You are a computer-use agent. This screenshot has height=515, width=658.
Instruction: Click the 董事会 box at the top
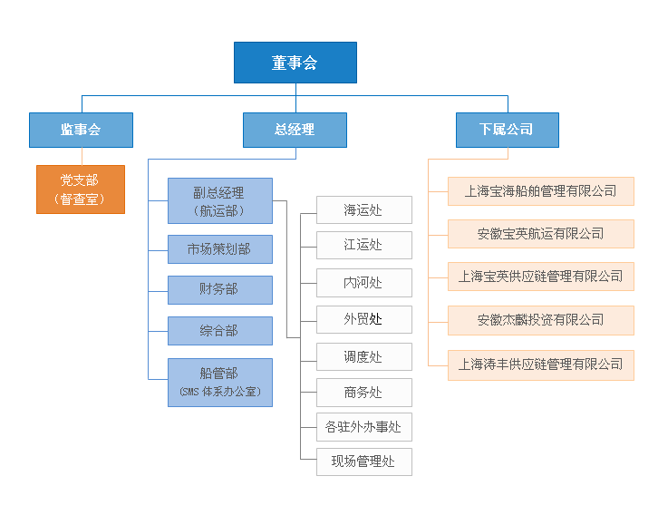point(295,63)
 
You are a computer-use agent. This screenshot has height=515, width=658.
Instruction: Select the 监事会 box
point(81,130)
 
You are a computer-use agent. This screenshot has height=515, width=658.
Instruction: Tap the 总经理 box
point(295,130)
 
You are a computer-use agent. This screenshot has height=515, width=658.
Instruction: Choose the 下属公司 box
point(507,130)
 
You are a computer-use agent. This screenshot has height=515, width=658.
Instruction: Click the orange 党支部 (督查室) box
point(81,189)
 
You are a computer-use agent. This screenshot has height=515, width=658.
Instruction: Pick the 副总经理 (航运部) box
point(219,201)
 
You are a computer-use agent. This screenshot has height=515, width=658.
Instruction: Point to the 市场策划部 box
point(219,248)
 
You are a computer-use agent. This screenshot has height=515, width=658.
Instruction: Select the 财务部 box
point(219,289)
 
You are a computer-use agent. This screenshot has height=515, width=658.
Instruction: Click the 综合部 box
point(219,331)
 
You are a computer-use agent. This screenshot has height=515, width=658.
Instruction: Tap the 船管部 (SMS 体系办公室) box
point(219,382)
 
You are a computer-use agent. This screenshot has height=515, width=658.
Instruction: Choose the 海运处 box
point(363,210)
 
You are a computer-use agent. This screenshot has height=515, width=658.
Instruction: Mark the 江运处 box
point(363,245)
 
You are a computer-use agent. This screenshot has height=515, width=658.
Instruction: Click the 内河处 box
point(363,283)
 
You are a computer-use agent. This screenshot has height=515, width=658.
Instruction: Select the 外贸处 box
point(363,319)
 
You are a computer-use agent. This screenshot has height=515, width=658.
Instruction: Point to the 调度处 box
point(363,356)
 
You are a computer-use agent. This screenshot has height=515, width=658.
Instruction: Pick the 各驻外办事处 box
point(363,426)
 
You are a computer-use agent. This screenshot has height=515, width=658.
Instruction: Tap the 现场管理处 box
point(363,462)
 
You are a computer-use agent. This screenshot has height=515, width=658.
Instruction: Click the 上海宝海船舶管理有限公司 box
point(540,191)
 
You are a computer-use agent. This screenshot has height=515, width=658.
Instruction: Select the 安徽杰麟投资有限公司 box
point(540,320)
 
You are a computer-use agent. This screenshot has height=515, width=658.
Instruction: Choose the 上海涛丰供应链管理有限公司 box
point(540,364)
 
